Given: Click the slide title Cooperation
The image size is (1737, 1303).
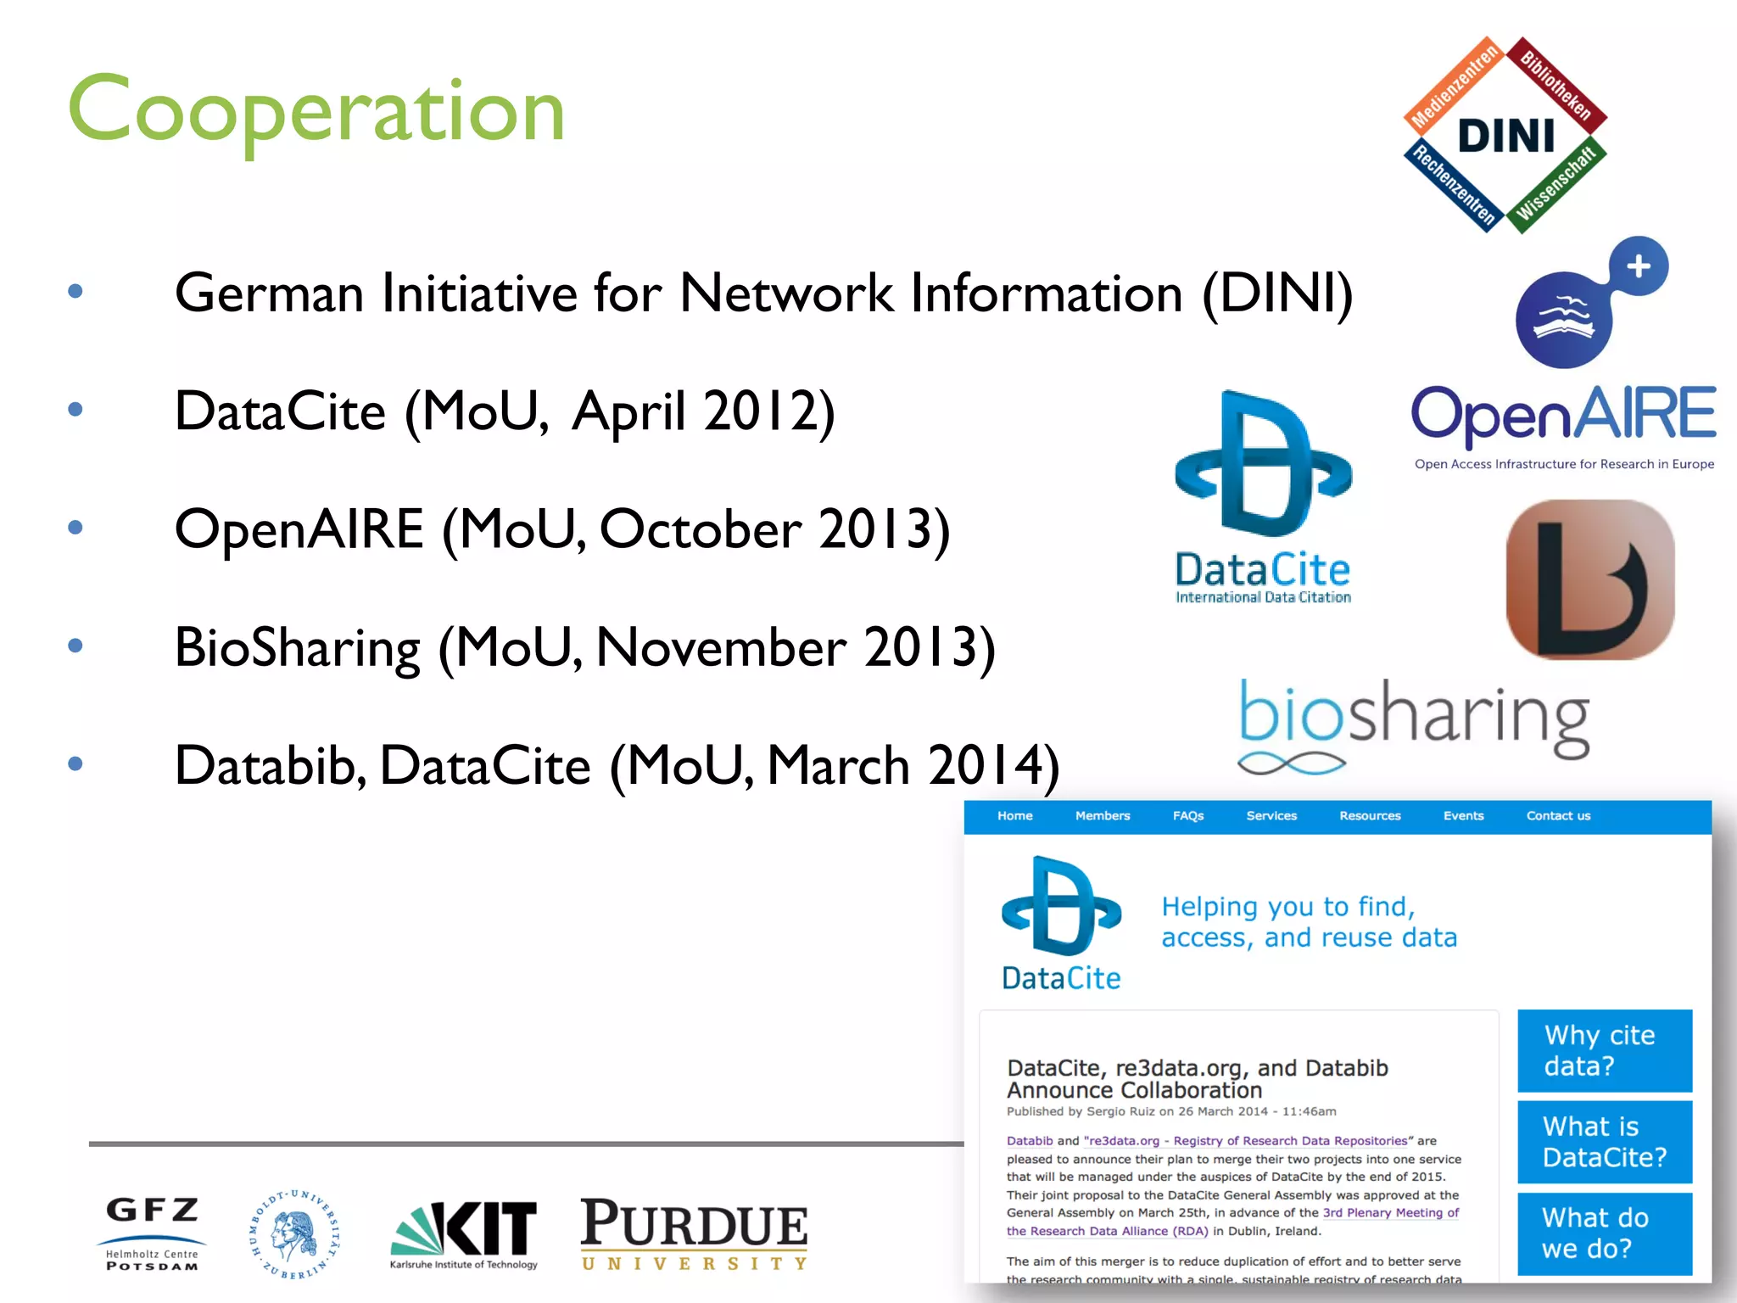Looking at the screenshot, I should coord(316,110).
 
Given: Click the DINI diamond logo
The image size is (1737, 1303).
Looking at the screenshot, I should coord(1505,136).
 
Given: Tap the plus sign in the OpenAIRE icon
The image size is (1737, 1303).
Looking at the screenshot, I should coord(1639,266).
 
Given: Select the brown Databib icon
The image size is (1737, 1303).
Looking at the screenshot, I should coord(1590,579).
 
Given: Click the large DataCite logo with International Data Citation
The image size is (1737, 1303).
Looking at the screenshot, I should coord(1263,496).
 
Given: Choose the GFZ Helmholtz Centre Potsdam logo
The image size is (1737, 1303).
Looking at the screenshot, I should coord(153,1233).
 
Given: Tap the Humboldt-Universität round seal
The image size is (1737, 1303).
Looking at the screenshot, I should coord(294,1234).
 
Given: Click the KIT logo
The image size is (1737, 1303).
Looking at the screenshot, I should coord(464,1233).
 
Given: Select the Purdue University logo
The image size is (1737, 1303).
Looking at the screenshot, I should coord(694,1233).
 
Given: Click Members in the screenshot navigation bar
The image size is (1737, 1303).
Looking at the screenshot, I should coord(1103,816).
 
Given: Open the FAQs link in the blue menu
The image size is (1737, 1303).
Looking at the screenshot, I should coord(1188,816).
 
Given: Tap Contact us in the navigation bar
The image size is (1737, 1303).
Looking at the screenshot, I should coord(1558,816).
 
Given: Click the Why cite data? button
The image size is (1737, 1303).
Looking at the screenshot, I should coord(1604,1050).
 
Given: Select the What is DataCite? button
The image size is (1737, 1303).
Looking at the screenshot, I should coord(1604,1142).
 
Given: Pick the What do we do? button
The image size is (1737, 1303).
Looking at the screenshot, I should coord(1604,1233).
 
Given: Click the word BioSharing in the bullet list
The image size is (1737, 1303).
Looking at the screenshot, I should coord(297,648).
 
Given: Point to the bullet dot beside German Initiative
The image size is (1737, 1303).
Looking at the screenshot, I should coord(75,291).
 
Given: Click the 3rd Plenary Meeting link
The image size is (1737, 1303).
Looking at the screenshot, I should coord(1391,1213).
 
